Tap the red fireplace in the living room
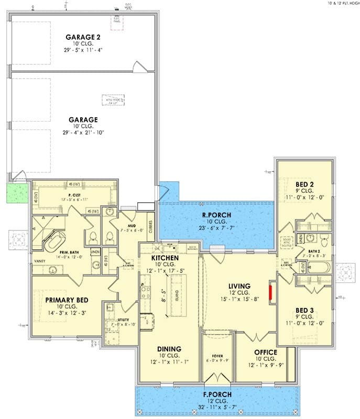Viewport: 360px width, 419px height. click(271, 293)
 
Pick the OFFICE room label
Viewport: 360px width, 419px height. click(265, 352)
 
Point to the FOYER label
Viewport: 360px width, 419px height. click(217, 356)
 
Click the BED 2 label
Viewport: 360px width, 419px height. click(304, 184)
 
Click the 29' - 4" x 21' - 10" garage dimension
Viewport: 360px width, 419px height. click(83, 133)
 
